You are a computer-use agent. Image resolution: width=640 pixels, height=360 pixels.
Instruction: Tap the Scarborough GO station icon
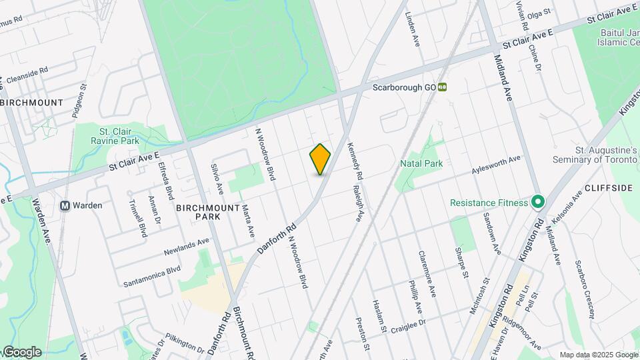pyautogui.click(x=443, y=87)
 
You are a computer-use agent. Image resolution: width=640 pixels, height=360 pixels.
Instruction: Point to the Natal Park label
pyautogui.click(x=421, y=163)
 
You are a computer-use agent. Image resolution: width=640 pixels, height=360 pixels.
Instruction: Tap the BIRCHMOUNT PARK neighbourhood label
pyautogui.click(x=208, y=212)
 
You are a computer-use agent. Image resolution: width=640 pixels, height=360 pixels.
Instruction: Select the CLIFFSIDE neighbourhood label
pyautogui.click(x=608, y=188)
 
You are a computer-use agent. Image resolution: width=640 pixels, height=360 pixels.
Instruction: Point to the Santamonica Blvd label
pyautogui.click(x=151, y=277)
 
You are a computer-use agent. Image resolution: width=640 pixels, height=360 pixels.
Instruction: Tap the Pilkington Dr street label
pyautogui.click(x=185, y=343)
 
